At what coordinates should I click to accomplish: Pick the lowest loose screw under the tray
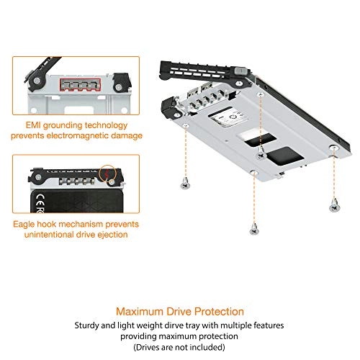pyautogui.click(x=253, y=230)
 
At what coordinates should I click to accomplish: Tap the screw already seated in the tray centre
pyautogui.click(x=259, y=152)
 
